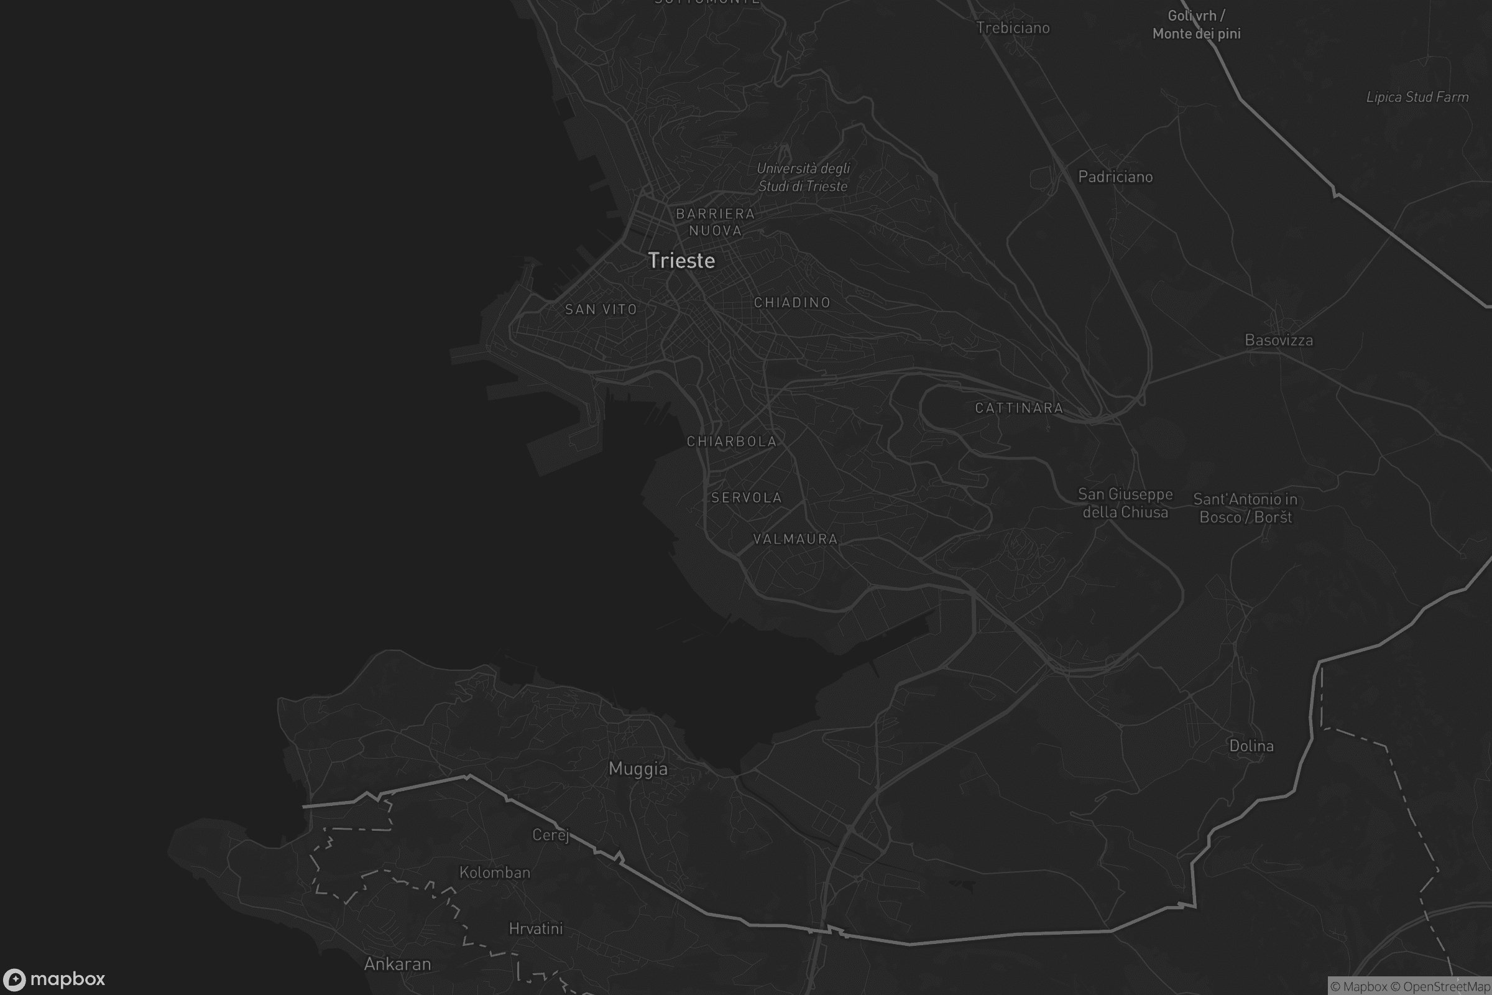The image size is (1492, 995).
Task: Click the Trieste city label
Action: point(681,261)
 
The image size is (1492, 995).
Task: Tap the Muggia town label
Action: point(638,769)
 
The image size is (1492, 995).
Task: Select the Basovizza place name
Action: point(1278,340)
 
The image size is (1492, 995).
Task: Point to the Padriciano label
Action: point(1115,177)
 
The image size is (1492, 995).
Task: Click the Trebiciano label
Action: point(1013,28)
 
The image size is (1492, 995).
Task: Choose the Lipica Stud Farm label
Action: point(1417,97)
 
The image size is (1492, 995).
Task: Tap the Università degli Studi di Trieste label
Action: point(803,177)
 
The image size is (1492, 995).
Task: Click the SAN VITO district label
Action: point(601,310)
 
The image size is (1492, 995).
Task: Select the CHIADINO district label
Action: point(792,303)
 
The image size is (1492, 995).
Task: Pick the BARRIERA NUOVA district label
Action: point(716,222)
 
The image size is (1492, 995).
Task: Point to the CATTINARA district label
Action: point(1019,408)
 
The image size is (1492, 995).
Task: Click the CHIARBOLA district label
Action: point(732,442)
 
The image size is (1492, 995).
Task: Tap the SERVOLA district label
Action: point(747,498)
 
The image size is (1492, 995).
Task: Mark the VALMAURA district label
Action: point(796,539)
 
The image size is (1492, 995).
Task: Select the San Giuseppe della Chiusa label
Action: point(1125,503)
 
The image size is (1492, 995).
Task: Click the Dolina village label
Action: point(1251,746)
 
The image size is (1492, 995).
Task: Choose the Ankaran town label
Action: point(397,964)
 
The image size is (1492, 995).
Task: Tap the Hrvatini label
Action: point(535,929)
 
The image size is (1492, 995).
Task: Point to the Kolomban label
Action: point(495,872)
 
